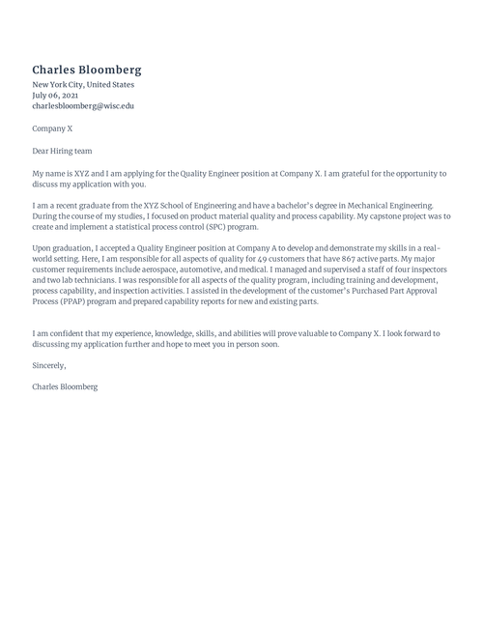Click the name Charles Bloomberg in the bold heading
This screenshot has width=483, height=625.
87,70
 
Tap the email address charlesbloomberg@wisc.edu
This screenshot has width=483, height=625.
83,106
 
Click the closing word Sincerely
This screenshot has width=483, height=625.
49,365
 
